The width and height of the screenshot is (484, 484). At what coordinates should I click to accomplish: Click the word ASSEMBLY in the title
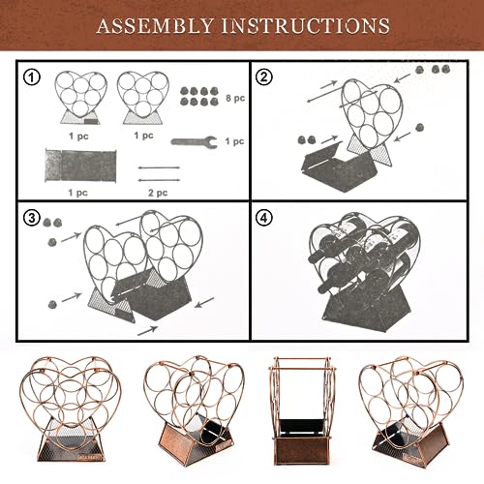155,26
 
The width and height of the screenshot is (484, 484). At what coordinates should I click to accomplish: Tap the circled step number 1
32,77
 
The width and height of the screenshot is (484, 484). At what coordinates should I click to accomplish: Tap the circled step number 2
264,77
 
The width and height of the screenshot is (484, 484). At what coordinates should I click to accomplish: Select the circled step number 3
32,218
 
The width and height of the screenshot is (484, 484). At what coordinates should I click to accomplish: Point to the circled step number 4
264,218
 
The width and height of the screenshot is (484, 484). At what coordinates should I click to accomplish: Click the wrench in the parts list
194,141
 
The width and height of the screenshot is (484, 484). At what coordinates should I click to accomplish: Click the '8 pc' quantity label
235,98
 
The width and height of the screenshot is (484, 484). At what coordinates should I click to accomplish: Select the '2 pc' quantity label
158,193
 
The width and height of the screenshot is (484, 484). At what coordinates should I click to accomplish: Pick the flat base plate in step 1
80,166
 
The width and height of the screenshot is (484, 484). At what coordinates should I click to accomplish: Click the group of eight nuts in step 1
198,97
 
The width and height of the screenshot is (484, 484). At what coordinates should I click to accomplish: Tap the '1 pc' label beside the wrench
234,141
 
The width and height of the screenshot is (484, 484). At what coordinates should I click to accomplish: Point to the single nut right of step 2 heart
419,127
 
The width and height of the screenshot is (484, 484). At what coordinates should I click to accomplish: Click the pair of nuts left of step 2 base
306,140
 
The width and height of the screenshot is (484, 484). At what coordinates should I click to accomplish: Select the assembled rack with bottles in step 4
361,272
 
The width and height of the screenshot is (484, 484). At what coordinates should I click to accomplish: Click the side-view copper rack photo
302,410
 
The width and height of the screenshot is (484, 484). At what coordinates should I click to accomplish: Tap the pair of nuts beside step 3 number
52,222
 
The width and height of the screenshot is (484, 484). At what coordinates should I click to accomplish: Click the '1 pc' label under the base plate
78,193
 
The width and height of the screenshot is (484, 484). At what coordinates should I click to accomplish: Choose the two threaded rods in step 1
159,174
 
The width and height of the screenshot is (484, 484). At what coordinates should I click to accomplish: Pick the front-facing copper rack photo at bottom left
70,408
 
